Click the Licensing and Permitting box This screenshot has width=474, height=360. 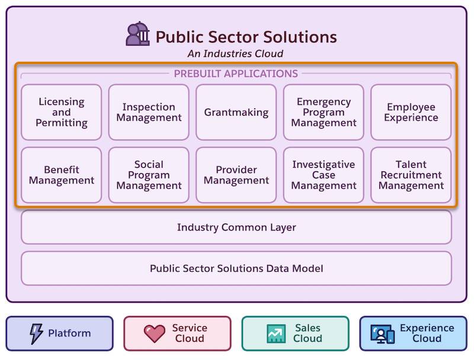pos(62,112)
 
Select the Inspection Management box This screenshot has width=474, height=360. pos(149,112)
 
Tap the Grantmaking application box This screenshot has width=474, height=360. pos(236,112)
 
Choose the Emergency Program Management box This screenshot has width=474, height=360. pos(324,112)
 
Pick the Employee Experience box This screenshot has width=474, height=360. pos(411,112)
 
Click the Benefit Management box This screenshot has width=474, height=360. pos(62,175)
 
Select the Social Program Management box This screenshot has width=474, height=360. pos(149,175)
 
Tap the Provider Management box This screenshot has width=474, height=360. pos(236,175)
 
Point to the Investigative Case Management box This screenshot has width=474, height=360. pos(324,175)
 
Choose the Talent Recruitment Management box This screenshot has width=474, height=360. pos(411,175)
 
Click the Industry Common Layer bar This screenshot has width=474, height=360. pos(236,227)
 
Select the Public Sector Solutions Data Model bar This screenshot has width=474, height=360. pos(236,268)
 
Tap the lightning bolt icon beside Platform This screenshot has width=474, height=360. pos(36,334)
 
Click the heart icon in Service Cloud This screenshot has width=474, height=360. pos(155,334)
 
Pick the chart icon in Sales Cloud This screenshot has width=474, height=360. pos(276,334)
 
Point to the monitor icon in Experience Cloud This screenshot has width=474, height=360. pos(382,334)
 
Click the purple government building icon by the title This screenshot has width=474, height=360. pos(138,34)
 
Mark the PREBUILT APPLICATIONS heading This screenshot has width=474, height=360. pos(236,74)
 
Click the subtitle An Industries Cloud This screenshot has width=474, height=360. pos(235,53)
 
